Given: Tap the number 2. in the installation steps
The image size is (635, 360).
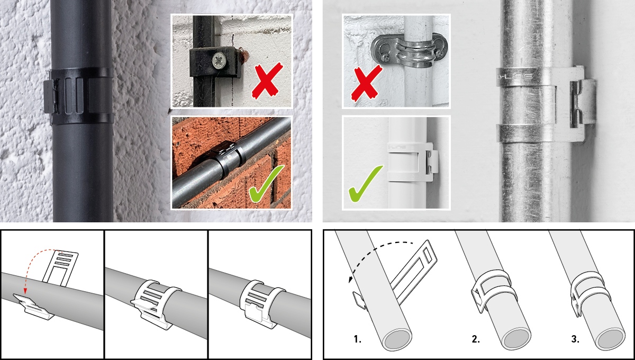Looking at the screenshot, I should pyautogui.click(x=475, y=339).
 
